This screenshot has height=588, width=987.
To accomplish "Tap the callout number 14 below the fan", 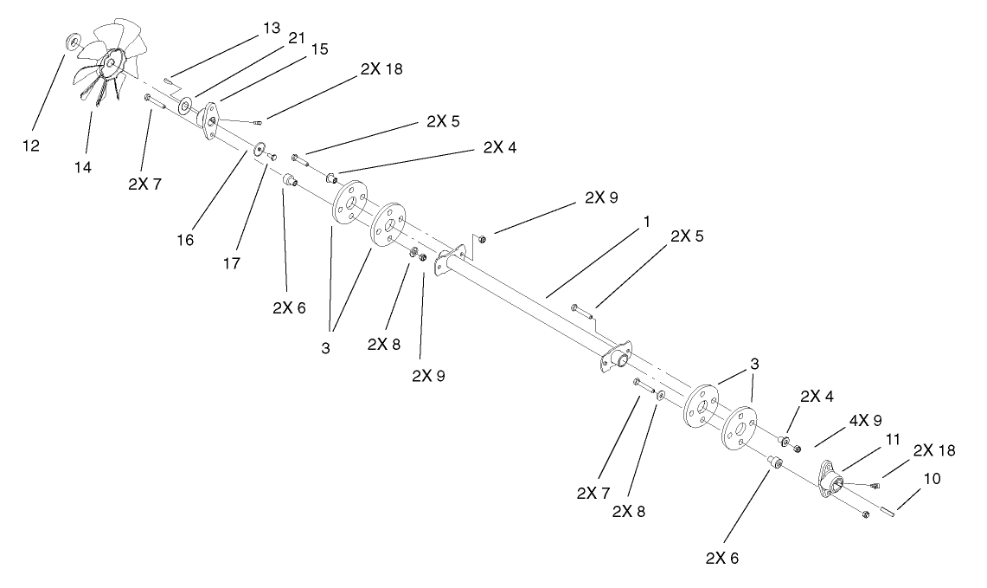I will (x=83, y=166).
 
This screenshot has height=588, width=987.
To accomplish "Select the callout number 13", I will (x=272, y=29).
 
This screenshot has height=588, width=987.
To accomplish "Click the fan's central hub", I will (x=112, y=60).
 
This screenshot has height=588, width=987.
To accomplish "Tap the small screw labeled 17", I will (x=271, y=156).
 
